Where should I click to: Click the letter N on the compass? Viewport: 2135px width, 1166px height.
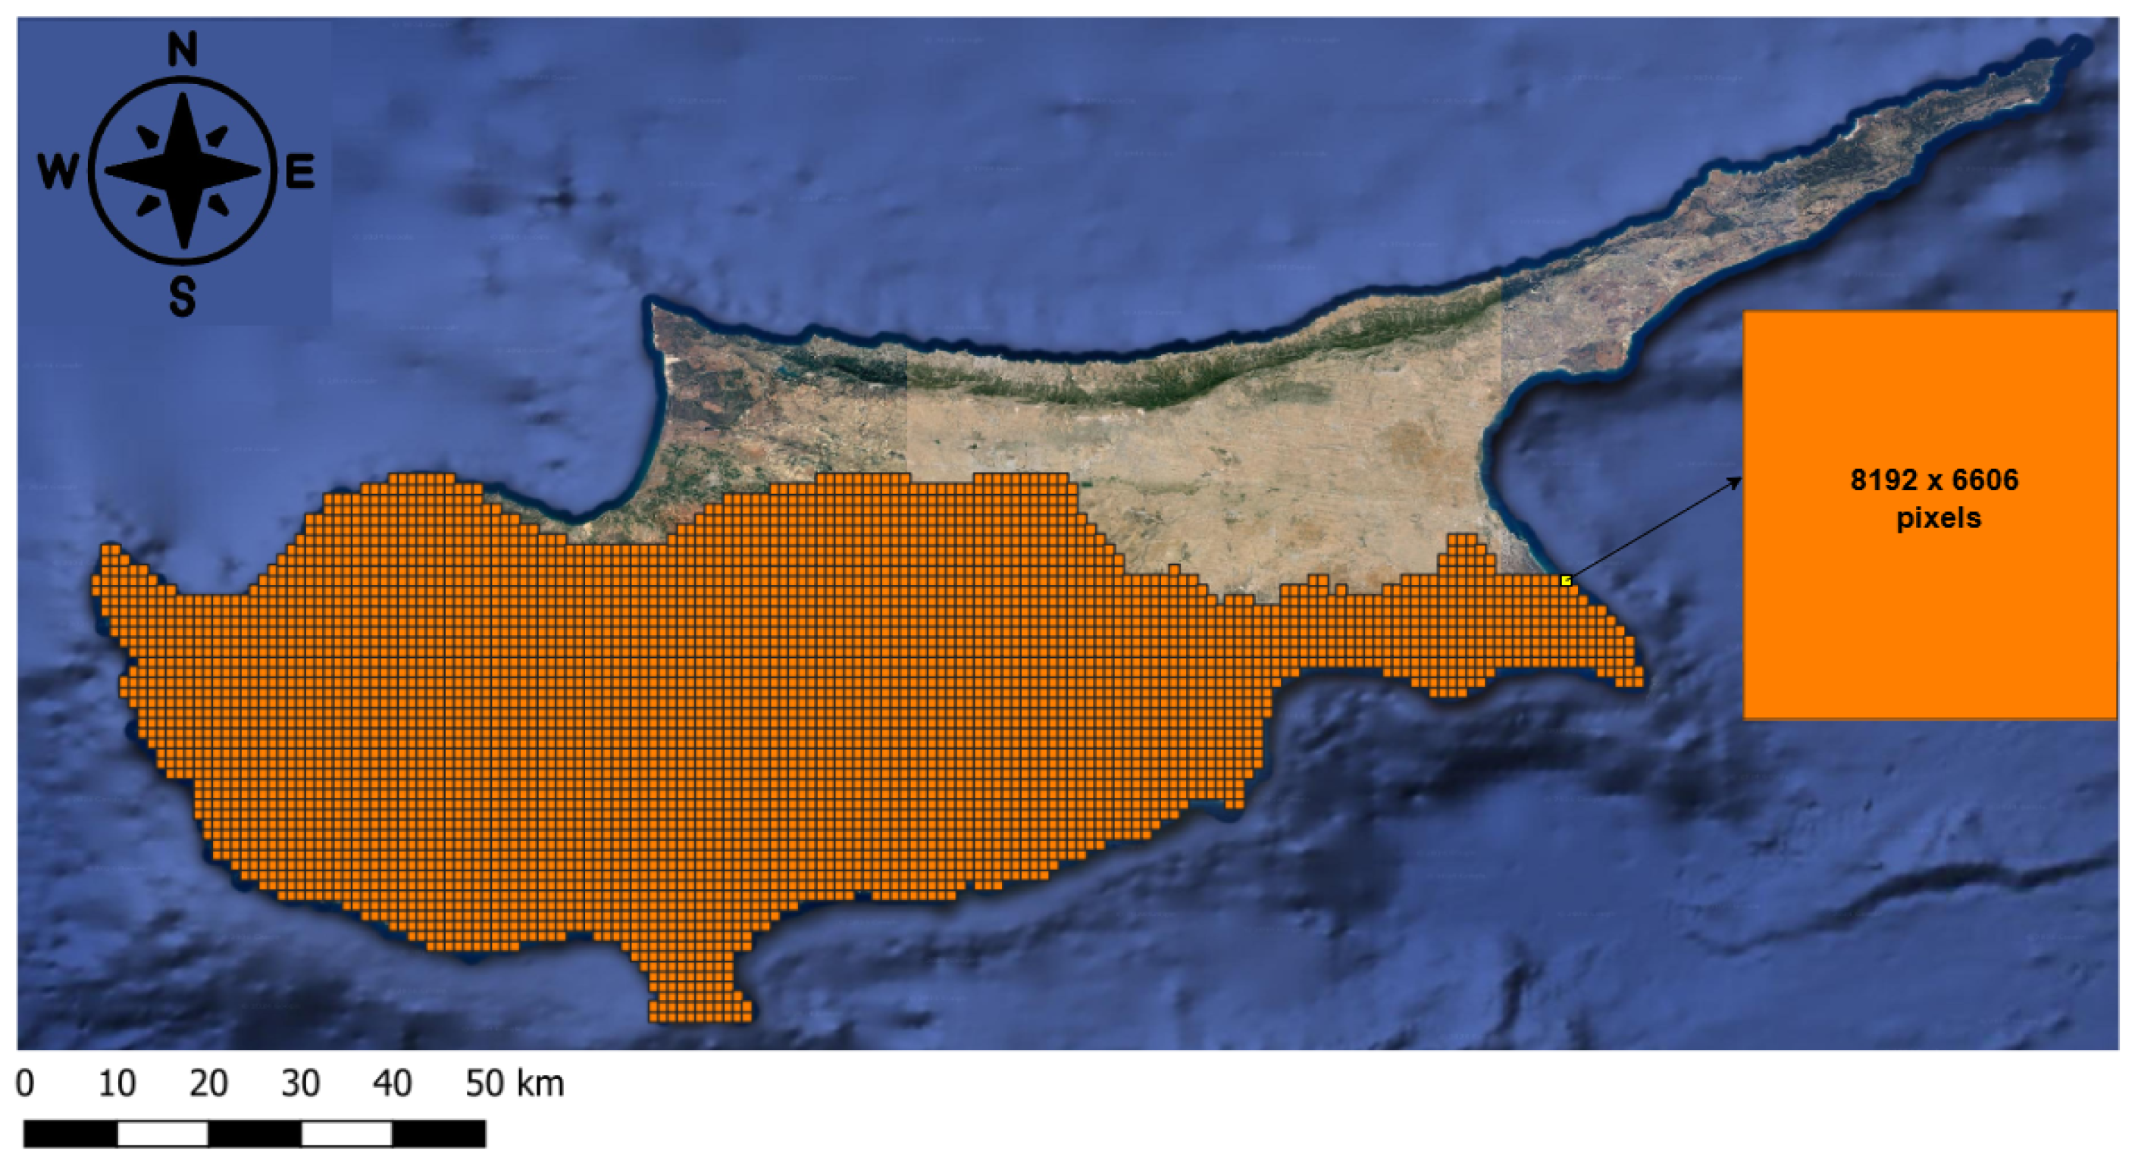pos(183,49)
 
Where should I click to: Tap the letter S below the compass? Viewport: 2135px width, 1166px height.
pos(183,297)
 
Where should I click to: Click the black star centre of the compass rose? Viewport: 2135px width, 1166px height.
pos(183,171)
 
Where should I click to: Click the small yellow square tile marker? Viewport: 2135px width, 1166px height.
pos(1566,581)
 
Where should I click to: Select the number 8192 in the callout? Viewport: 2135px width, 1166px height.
pos(1884,480)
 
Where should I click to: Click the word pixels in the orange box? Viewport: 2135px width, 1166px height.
pos(1939,518)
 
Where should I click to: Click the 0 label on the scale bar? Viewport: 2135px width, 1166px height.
pos(25,1083)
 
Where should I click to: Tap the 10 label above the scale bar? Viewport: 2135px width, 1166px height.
pos(117,1083)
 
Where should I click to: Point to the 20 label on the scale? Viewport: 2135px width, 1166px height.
pos(208,1083)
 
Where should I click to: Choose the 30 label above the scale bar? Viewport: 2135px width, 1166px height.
pos(300,1083)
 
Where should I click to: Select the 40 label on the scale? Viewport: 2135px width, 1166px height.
pos(392,1083)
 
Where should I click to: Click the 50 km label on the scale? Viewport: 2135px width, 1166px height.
pos(514,1083)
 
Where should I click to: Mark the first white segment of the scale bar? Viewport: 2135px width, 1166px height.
pos(162,1133)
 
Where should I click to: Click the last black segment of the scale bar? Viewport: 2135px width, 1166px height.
pos(438,1133)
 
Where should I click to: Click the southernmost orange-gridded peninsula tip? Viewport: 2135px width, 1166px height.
pos(700,1015)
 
